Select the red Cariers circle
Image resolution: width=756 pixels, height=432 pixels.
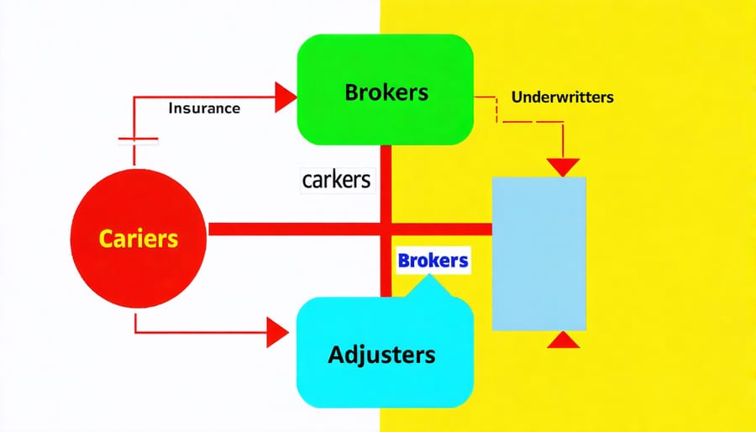click(x=139, y=238)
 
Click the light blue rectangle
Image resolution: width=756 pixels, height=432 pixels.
click(x=538, y=252)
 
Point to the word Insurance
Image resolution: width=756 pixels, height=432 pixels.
click(x=204, y=108)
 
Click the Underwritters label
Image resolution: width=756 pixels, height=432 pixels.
click(x=550, y=97)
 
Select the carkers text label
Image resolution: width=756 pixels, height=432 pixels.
click(x=335, y=179)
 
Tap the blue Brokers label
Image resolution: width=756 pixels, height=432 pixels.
click(x=433, y=261)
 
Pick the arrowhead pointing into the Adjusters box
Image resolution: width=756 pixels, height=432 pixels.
click(x=278, y=332)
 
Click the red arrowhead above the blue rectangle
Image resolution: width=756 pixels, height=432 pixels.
click(x=563, y=166)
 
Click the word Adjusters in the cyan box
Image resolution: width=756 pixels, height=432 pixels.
click(x=381, y=354)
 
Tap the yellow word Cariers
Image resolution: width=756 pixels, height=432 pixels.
click(x=139, y=238)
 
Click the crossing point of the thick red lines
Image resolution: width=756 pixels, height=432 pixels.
click(x=386, y=229)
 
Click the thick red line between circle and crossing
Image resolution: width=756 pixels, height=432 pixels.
click(x=294, y=229)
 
